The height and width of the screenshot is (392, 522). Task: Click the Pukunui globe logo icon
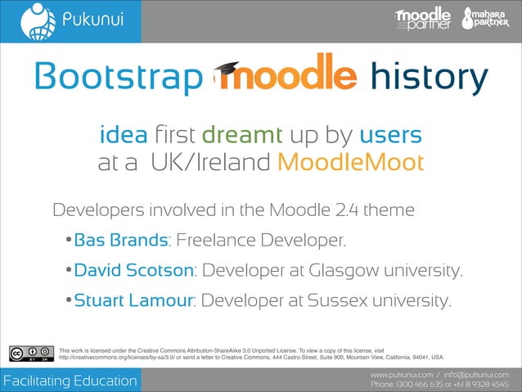tap(32, 20)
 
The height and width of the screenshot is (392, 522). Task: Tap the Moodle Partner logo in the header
tap(422, 20)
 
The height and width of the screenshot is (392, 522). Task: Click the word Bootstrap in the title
tap(116, 79)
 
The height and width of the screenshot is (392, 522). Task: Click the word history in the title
tap(429, 79)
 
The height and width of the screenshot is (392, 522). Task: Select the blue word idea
tap(123, 133)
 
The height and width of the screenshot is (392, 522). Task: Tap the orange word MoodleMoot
tap(350, 162)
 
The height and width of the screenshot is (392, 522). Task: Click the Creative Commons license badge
tap(26, 354)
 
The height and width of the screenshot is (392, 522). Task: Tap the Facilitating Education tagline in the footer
tap(70, 381)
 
